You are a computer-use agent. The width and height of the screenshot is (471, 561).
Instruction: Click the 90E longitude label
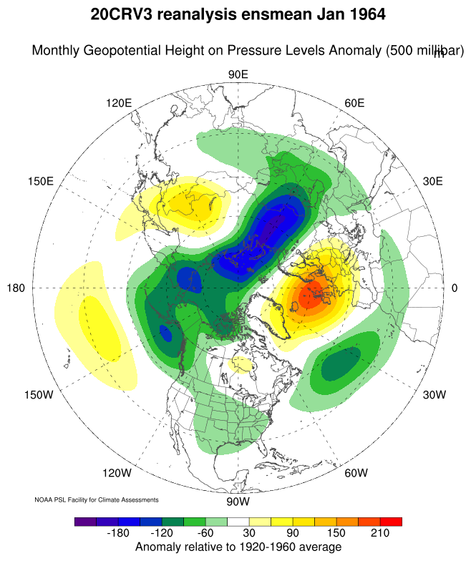pyautogui.click(x=238, y=75)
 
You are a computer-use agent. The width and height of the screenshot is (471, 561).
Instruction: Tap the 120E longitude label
pyautogui.click(x=119, y=103)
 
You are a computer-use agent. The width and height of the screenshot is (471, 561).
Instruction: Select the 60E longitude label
pyautogui.click(x=355, y=103)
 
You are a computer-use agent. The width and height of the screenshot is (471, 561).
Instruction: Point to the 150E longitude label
pyautogui.click(x=41, y=181)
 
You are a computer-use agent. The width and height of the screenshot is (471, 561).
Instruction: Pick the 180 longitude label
pyautogui.click(x=16, y=288)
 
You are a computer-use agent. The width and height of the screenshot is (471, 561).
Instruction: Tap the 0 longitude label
pyautogui.click(x=455, y=288)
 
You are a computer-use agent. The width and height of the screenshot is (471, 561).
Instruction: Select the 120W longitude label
pyautogui.click(x=117, y=473)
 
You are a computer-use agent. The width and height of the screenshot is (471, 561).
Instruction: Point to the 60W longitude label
pyautogui.click(x=356, y=473)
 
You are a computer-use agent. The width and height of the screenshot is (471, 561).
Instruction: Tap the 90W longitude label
pyautogui.click(x=238, y=501)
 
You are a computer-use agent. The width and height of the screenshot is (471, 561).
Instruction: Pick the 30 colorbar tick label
pyautogui.click(x=248, y=534)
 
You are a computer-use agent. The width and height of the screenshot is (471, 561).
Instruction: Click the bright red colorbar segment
pyautogui.click(x=391, y=522)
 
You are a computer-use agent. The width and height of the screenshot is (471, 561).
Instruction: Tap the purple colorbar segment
pyautogui.click(x=85, y=522)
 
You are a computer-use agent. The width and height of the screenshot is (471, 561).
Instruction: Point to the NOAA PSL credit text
pyautogui.click(x=96, y=499)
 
